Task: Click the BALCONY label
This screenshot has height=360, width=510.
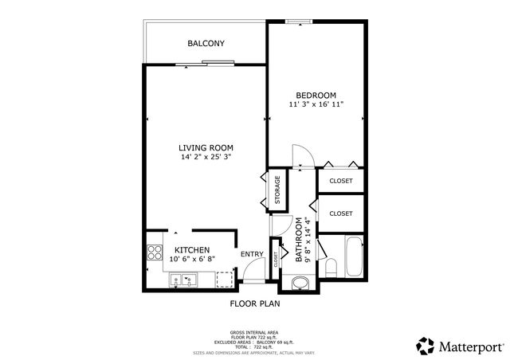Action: click(x=206, y=43)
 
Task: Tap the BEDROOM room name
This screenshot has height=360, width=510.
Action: click(x=316, y=94)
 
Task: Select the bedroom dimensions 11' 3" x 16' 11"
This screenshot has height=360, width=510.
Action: click(x=316, y=104)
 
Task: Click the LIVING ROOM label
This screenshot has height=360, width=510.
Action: click(x=206, y=147)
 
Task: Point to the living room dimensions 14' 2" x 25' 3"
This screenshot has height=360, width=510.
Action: click(x=206, y=157)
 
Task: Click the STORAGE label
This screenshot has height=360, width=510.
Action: click(x=277, y=192)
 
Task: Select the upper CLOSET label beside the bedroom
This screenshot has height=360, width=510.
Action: click(x=340, y=181)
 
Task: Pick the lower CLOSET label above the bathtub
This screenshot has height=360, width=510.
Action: click(x=340, y=213)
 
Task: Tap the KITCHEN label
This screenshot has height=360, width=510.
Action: click(x=192, y=249)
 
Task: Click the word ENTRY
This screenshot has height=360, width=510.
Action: click(x=252, y=254)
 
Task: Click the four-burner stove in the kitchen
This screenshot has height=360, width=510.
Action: click(x=154, y=254)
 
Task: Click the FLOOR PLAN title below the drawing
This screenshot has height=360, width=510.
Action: click(x=255, y=303)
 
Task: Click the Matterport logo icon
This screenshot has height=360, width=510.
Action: click(x=424, y=345)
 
